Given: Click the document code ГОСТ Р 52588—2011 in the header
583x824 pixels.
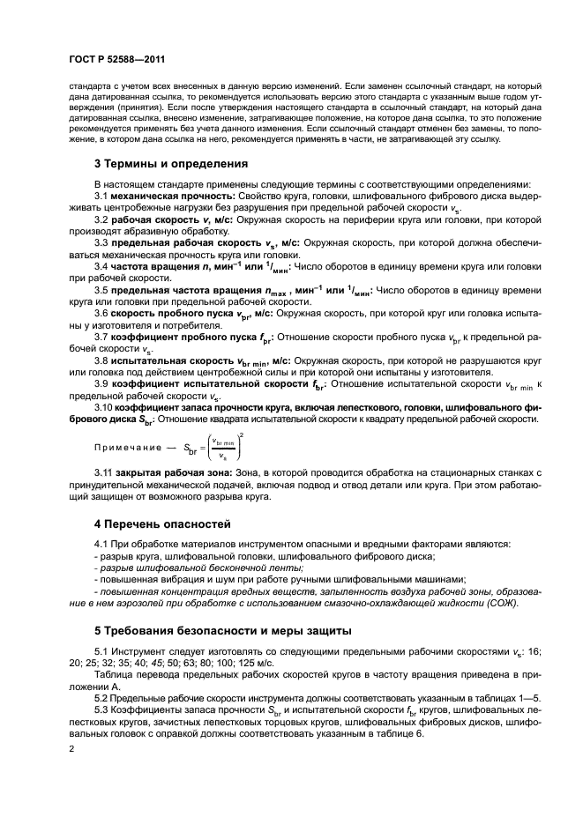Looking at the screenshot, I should tap(116, 58).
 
